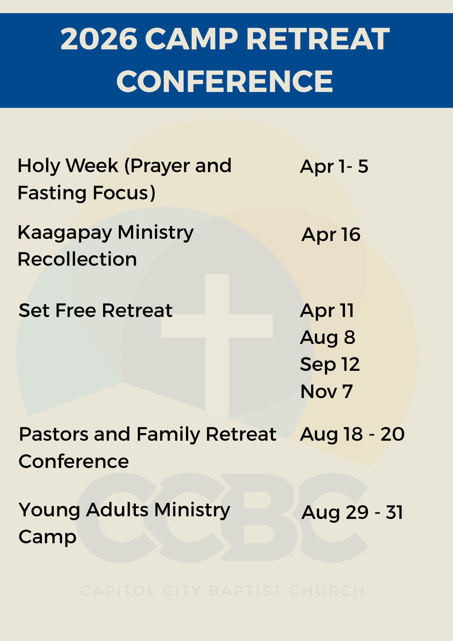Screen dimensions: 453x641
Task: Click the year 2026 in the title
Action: point(99,39)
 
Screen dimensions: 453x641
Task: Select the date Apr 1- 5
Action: point(334,166)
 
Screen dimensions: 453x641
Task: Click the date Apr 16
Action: point(331,235)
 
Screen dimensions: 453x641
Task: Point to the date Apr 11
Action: point(327,311)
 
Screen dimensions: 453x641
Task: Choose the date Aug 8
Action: point(328,337)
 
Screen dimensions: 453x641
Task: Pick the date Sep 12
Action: point(330,364)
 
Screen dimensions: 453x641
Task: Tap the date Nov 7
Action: point(327,391)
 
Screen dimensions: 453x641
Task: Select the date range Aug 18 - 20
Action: point(352,434)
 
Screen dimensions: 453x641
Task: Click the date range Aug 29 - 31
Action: point(352,512)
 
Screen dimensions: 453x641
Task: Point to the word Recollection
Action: point(77,259)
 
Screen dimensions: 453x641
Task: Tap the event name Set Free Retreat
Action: point(96,310)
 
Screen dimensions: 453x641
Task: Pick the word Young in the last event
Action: point(50,510)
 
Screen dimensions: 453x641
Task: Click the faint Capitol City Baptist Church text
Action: point(223,591)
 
